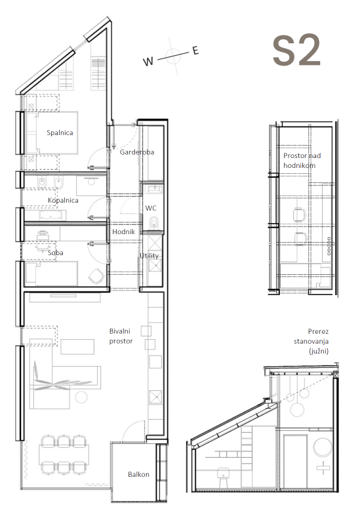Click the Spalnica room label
(60, 132)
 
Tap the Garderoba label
(136, 152)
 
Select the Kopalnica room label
(63, 201)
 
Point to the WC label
(151, 208)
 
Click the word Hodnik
(123, 232)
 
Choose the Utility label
(149, 256)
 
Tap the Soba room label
(56, 253)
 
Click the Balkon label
(138, 474)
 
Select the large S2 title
(296, 51)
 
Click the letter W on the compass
(148, 62)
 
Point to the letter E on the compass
(195, 51)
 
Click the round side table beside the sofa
(81, 397)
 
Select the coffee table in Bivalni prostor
(77, 346)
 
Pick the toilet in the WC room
(154, 223)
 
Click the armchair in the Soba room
(96, 276)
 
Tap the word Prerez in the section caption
(318, 331)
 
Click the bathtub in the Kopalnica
(52, 215)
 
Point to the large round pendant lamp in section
(297, 409)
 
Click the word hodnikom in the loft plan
(299, 165)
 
